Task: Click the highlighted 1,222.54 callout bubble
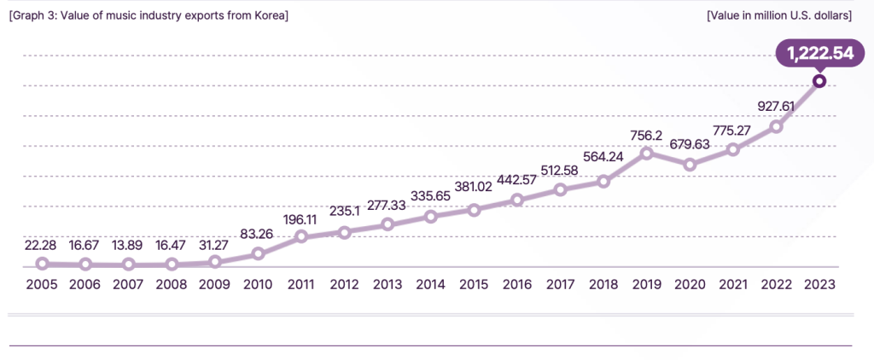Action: [x=819, y=54]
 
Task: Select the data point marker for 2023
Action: [x=819, y=81]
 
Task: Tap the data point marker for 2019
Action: [x=647, y=153]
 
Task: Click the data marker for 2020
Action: [x=690, y=164]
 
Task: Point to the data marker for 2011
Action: [x=300, y=237]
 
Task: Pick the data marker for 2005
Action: [x=42, y=264]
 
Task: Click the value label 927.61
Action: [x=776, y=107]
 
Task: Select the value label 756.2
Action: [x=646, y=134]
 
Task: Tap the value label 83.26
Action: [x=257, y=235]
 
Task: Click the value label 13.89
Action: [x=128, y=246]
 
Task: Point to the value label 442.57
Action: [x=516, y=180]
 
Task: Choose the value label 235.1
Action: [x=343, y=213]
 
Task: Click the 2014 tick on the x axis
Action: [x=430, y=284]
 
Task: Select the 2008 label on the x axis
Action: [x=172, y=284]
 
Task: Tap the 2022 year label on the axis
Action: [x=776, y=284]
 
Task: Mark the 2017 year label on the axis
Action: [x=560, y=284]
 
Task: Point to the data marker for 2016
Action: [x=516, y=200]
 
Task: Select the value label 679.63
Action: [x=690, y=144]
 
